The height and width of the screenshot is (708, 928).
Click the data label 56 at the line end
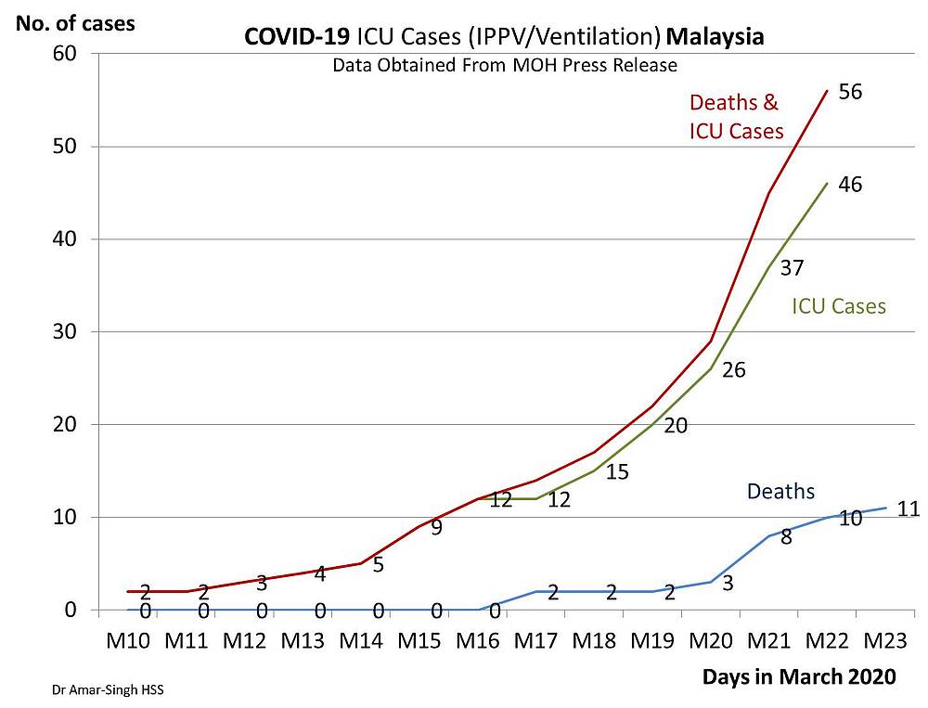(851, 92)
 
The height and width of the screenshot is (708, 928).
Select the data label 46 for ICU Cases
(850, 185)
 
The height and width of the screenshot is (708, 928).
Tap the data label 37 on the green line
(791, 268)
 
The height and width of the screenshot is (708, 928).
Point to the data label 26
(733, 370)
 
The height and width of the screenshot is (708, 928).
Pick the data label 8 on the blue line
(785, 535)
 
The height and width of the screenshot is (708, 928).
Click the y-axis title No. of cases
(74, 22)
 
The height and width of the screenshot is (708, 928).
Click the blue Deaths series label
(780, 491)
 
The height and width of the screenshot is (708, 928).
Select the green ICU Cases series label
(838, 305)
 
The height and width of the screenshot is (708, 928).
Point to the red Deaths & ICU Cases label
(736, 117)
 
